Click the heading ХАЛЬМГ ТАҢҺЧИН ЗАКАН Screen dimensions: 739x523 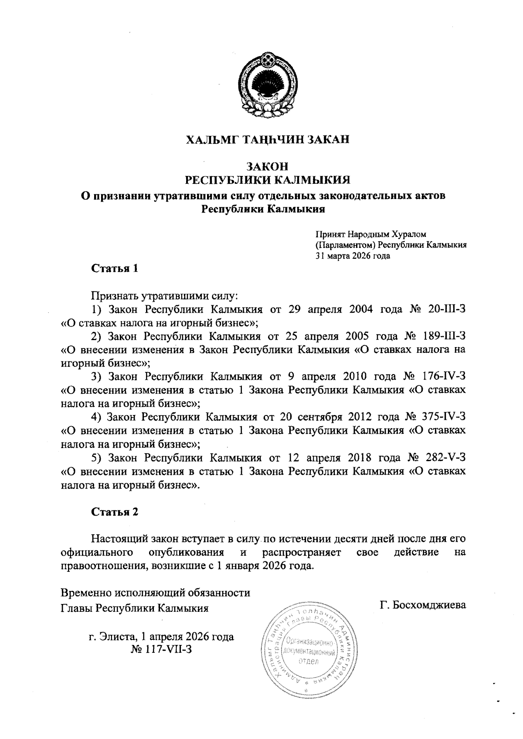coord(268,140)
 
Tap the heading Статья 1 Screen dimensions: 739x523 coord(115,268)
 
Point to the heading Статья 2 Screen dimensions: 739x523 coord(115,512)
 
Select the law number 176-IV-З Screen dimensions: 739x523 coord(445,376)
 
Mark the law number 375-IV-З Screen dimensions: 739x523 coord(445,417)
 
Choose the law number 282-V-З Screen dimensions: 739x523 coord(446,458)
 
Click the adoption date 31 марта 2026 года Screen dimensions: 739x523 coord(353,256)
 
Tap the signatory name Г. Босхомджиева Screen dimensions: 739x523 coord(423,605)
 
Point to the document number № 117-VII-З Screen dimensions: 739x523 coord(161,649)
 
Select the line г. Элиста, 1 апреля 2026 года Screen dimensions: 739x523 coord(161,637)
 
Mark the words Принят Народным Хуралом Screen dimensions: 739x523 coord(374,235)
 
